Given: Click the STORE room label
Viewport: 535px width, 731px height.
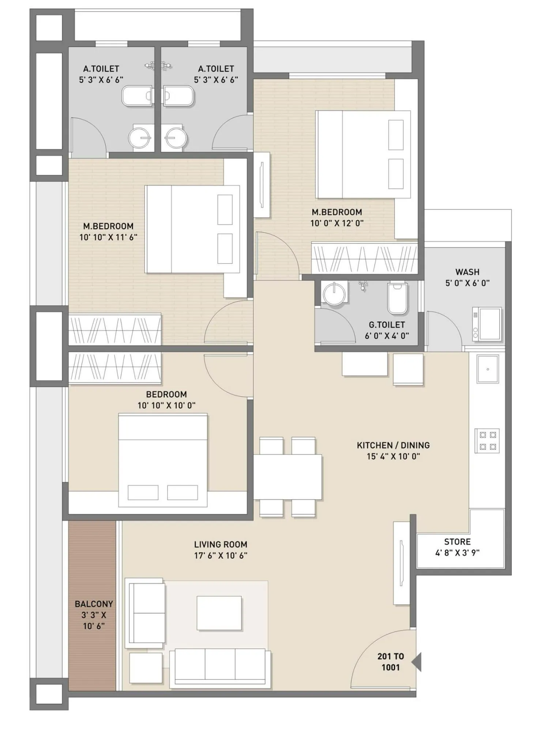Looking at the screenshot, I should (x=457, y=541).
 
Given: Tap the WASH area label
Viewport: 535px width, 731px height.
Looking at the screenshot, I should (x=467, y=272).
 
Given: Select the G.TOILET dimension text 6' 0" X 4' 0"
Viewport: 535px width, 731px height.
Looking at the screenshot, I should (x=387, y=336).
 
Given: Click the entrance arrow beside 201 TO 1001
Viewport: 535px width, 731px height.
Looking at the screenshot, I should (x=417, y=662).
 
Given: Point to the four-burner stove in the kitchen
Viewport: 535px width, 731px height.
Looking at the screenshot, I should (x=487, y=440).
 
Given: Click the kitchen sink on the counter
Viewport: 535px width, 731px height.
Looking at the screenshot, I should (x=487, y=369).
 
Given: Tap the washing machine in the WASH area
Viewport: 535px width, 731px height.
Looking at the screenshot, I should (x=487, y=324).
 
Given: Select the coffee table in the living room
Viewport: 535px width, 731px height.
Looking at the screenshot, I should (x=219, y=613).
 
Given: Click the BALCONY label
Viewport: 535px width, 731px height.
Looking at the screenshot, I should (x=94, y=604).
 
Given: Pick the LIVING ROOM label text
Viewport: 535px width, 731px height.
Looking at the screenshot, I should (x=221, y=544).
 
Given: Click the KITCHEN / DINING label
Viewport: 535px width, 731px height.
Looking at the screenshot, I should (x=393, y=445).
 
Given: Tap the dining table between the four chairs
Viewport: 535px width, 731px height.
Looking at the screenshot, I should (x=288, y=477).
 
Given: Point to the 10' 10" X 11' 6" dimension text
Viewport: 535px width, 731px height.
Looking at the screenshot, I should (x=108, y=237).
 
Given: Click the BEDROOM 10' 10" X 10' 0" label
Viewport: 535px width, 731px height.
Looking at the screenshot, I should (x=166, y=399).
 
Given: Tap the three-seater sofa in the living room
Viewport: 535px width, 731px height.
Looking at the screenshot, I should (x=220, y=667).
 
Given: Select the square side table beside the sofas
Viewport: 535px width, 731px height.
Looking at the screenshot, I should (x=146, y=668).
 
